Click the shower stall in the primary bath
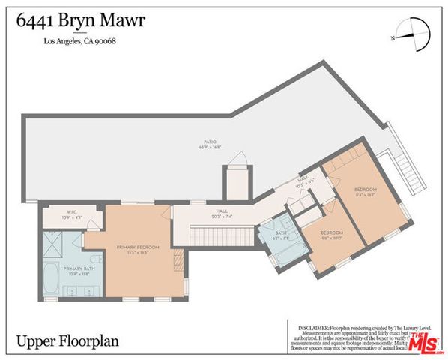(x=54, y=242)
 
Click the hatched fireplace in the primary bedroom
(x=178, y=260)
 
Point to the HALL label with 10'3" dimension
(x=303, y=181)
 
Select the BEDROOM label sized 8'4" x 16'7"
(x=365, y=193)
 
